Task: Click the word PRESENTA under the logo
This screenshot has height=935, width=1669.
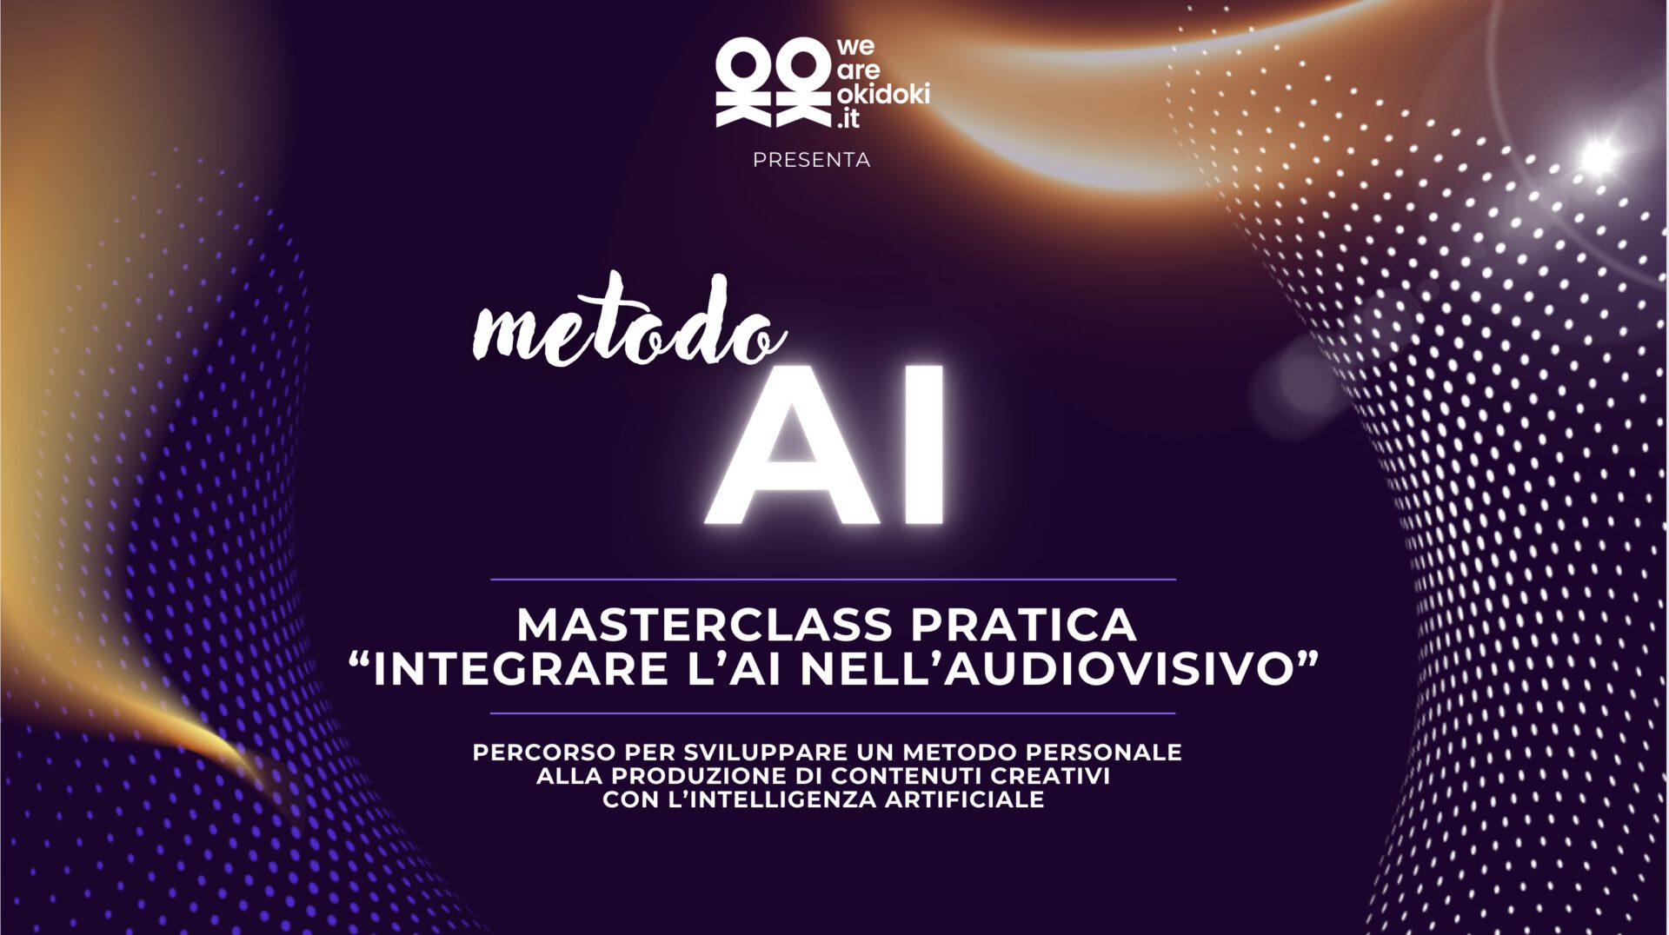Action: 811,160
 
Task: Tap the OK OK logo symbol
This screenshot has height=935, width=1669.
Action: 773,83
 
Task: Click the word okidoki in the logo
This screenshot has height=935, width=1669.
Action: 883,94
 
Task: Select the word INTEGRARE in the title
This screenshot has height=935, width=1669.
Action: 520,668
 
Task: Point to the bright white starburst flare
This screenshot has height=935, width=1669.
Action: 1598,157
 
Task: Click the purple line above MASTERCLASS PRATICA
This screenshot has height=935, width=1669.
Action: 833,579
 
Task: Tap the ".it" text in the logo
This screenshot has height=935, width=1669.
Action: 848,119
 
